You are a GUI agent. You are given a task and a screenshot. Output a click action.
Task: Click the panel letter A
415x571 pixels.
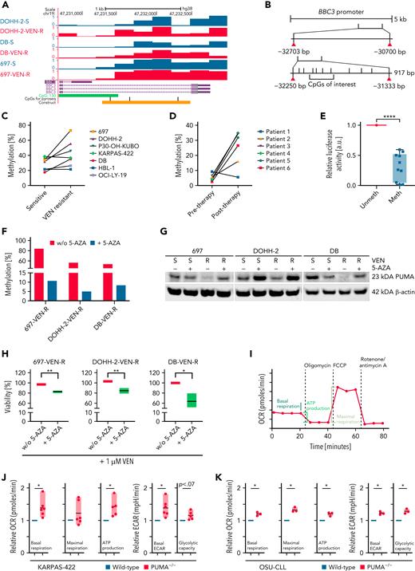click(5, 6)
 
